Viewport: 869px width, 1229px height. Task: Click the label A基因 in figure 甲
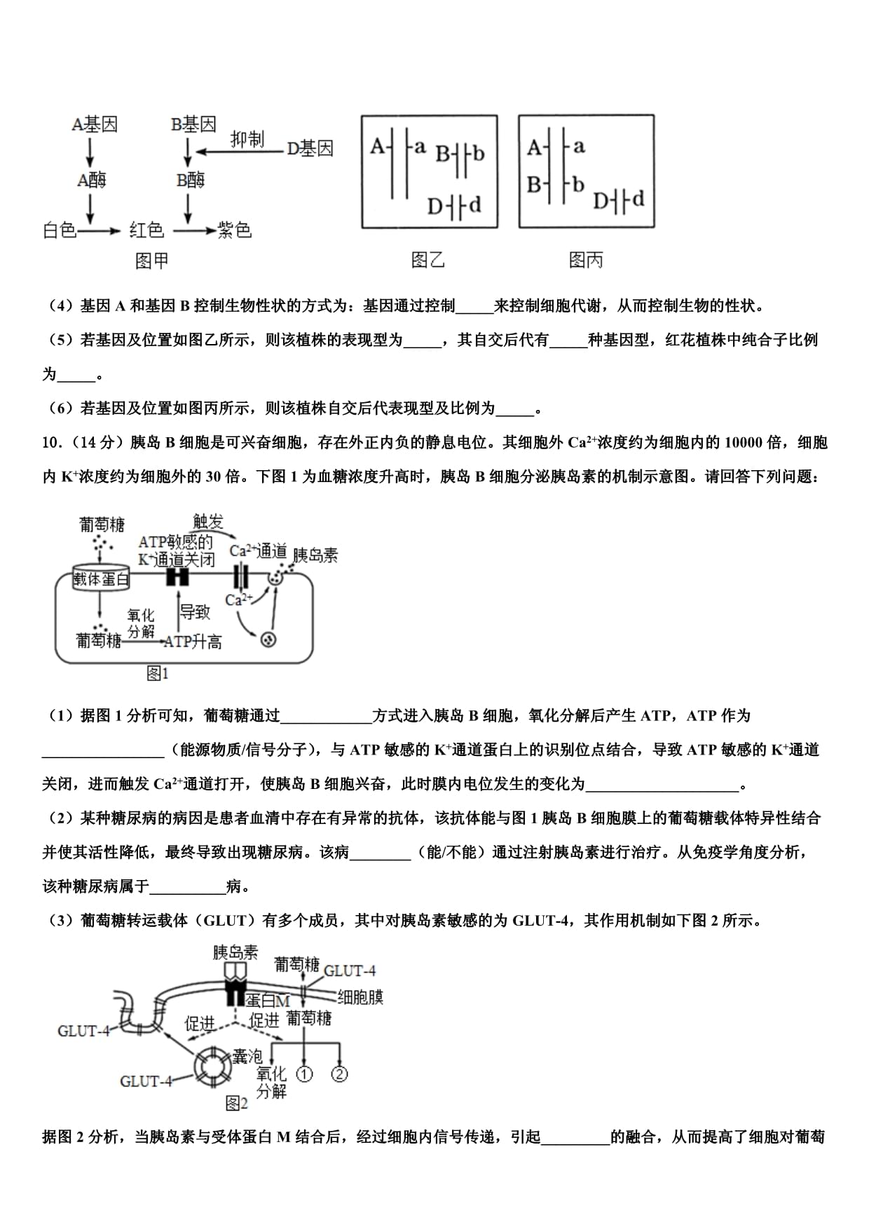click(x=95, y=125)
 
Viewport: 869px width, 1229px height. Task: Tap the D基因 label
click(x=310, y=149)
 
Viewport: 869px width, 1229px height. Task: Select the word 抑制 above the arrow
click(x=247, y=139)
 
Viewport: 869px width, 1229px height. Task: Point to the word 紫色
click(x=234, y=230)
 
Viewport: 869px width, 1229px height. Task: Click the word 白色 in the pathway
click(x=60, y=230)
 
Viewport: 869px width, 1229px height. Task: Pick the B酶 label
click(x=191, y=181)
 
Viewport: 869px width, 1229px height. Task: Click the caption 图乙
click(x=427, y=261)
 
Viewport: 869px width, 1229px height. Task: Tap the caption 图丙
click(x=586, y=261)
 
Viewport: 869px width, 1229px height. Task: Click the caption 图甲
click(x=151, y=261)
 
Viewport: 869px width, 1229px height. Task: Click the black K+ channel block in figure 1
click(x=177, y=577)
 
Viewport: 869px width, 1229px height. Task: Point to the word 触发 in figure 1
click(x=208, y=521)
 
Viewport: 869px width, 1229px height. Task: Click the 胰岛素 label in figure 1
click(x=315, y=556)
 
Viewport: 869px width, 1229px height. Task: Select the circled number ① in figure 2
click(x=304, y=1073)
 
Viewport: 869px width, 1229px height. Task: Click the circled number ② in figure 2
click(x=339, y=1073)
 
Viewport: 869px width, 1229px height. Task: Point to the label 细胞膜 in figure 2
click(x=360, y=997)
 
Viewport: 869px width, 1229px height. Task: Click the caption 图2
click(x=237, y=1104)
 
